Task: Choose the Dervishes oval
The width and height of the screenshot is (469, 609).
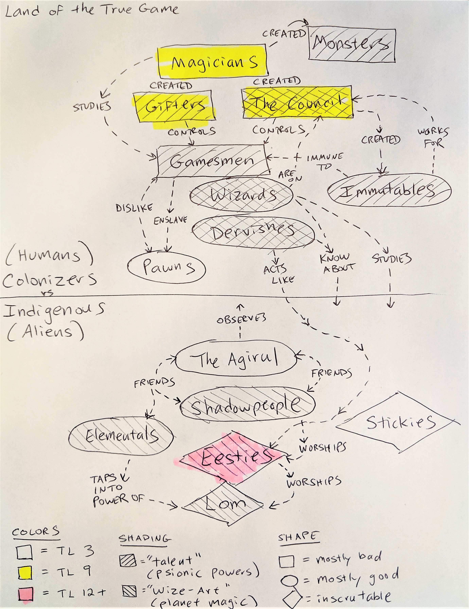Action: click(x=252, y=232)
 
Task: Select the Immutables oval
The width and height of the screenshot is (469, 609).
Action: click(x=389, y=190)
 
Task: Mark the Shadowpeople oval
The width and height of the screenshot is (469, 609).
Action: click(x=247, y=404)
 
